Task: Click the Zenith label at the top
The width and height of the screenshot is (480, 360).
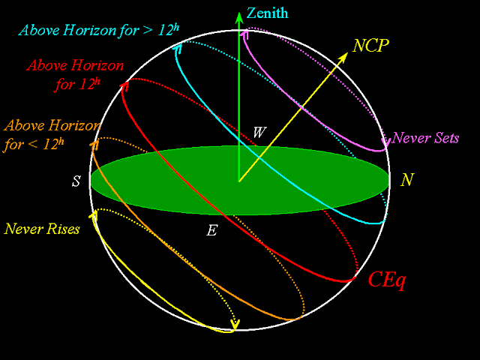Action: pos(267,13)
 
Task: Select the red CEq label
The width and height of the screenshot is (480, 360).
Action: pos(387,279)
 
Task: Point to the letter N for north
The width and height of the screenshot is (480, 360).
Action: pos(406,181)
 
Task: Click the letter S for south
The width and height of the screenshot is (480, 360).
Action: pos(76,181)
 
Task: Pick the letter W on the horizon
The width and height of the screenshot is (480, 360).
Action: pos(259,133)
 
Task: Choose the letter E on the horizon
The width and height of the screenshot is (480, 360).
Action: pos(212,230)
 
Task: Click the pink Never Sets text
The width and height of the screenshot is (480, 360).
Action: pos(425,139)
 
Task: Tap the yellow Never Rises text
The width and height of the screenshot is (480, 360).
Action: pos(42,229)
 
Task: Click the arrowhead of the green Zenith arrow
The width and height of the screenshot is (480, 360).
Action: pos(239,15)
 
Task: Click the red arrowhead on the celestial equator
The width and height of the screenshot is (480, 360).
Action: pos(124,84)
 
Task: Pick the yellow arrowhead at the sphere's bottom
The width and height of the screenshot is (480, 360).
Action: pos(235,325)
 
